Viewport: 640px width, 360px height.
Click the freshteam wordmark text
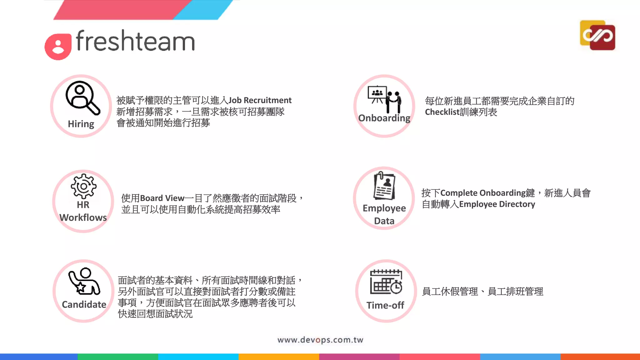coord(135,41)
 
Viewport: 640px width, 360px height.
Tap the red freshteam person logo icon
coord(58,46)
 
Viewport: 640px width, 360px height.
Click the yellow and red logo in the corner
coord(597,35)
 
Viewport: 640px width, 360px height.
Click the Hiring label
coord(81,124)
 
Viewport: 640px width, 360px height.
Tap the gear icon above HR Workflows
coord(83,186)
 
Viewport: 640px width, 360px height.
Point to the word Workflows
coord(83,217)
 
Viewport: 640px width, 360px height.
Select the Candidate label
coord(84,304)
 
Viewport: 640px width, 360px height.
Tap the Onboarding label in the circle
coord(384,118)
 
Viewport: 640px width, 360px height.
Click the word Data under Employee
coord(384,221)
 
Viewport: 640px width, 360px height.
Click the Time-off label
coord(385,305)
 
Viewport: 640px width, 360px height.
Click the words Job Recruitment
coord(260,100)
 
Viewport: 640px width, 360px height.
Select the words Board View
coord(162,198)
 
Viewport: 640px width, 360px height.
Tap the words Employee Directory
coord(497,204)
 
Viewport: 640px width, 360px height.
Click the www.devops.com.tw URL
coord(320,340)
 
